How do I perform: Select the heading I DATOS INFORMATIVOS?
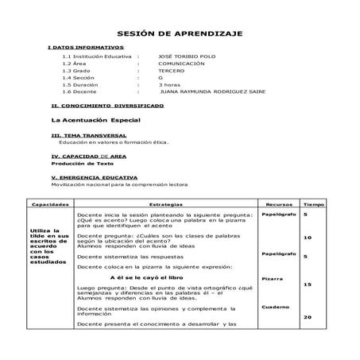click(80, 48)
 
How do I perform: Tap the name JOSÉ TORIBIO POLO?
click(187, 58)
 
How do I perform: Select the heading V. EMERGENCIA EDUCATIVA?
click(94, 177)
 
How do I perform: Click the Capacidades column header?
click(48, 204)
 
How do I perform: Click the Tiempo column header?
click(312, 204)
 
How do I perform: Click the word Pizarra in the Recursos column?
click(273, 280)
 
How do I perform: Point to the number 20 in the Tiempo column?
click(308, 317)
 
